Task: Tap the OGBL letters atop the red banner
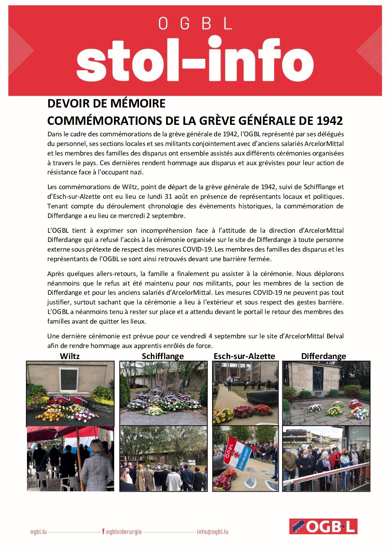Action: [x=195, y=24]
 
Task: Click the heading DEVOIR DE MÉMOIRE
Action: [x=106, y=104]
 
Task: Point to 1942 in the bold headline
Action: [x=330, y=121]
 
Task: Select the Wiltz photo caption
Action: [x=69, y=356]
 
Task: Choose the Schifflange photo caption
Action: [x=163, y=356]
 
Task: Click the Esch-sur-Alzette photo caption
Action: [x=244, y=356]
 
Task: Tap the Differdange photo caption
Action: [x=323, y=356]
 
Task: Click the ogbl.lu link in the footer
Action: [x=38, y=532]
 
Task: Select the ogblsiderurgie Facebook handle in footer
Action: [x=124, y=532]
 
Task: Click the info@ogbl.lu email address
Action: [x=212, y=532]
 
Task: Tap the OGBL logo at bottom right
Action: [x=323, y=526]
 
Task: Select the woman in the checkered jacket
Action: [x=96, y=466]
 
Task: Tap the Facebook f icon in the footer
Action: [x=103, y=532]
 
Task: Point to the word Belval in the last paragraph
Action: [x=335, y=336]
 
